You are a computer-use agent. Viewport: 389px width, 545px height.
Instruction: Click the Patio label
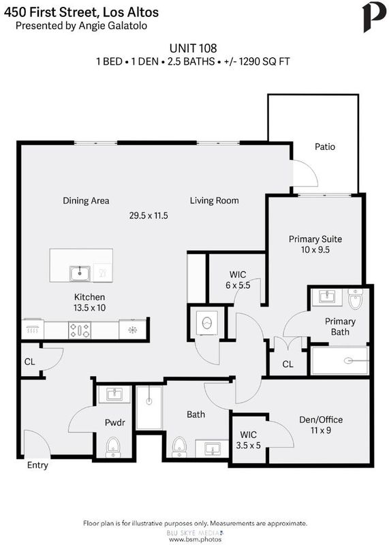(325, 146)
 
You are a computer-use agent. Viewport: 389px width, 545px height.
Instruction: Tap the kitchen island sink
(80, 274)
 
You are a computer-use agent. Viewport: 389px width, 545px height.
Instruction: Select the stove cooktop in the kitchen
(80, 330)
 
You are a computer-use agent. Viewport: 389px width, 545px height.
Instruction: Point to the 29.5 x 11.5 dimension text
(149, 215)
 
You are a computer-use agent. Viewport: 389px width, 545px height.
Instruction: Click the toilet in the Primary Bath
(356, 299)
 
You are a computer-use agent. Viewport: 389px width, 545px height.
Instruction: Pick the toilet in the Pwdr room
(112, 448)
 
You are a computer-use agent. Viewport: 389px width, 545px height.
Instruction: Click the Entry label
(37, 465)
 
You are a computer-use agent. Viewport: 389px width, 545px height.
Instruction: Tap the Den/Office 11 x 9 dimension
(320, 431)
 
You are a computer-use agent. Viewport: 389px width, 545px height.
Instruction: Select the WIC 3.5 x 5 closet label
(248, 440)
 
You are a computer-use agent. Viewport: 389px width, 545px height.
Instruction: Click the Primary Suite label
(315, 239)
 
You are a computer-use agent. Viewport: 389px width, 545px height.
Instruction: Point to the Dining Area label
(86, 201)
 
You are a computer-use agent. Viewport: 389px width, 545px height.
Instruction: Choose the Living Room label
(214, 200)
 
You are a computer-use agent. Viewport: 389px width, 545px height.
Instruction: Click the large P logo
(374, 18)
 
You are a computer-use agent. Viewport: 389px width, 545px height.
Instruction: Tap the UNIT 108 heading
(193, 48)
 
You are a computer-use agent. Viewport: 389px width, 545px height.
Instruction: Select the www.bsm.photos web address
(195, 540)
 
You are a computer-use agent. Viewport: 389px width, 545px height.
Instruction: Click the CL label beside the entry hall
(29, 362)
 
